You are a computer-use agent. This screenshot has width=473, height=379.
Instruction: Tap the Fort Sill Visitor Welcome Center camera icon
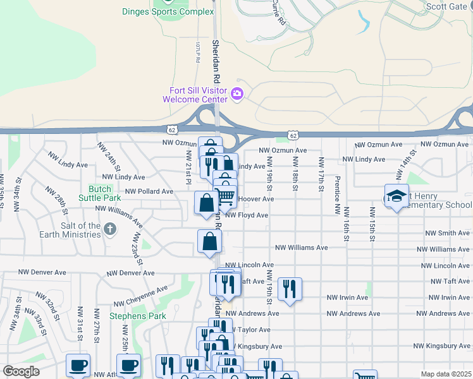click(237, 94)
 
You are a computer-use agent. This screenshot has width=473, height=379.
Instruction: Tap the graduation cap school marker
click(396, 196)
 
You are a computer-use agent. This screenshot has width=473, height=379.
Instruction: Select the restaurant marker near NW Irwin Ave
click(290, 289)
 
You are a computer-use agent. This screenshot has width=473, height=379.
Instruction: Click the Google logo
click(21, 371)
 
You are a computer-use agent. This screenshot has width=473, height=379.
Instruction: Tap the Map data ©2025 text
click(445, 374)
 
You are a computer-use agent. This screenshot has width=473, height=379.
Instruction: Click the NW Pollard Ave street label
click(149, 191)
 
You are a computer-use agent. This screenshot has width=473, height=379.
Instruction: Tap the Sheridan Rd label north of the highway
click(216, 60)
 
